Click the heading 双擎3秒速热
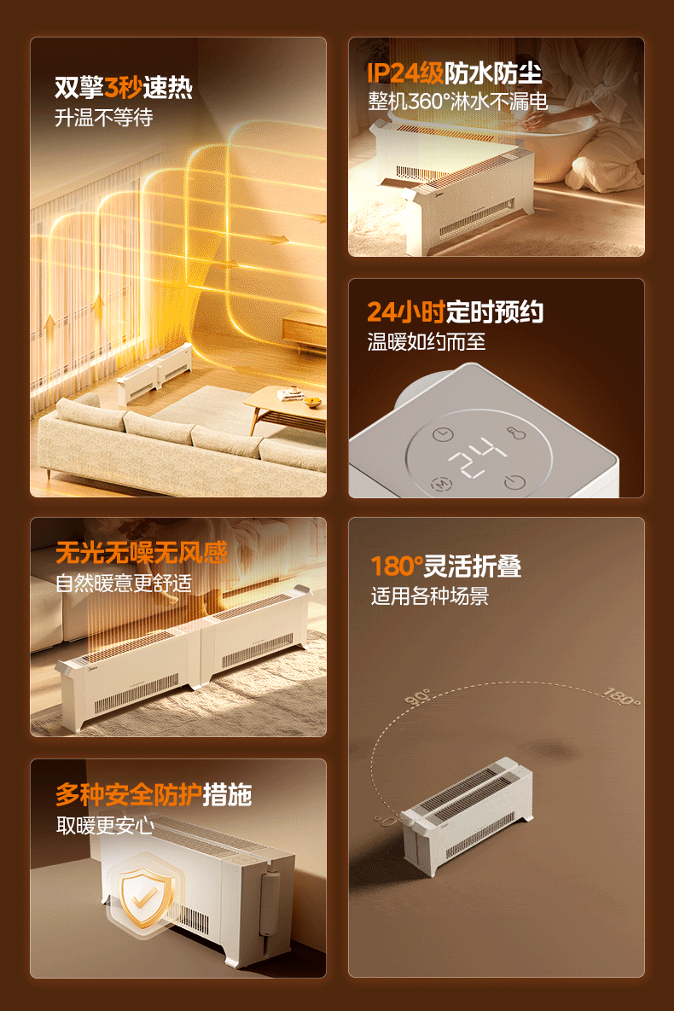(123, 87)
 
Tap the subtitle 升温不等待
(104, 118)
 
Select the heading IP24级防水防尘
(454, 73)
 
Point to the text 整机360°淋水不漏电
(457, 102)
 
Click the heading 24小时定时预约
(455, 312)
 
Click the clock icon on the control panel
(443, 434)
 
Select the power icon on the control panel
(514, 482)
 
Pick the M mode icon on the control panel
(440, 483)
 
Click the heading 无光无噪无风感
(142, 553)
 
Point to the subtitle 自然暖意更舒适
(123, 583)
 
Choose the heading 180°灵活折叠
(445, 567)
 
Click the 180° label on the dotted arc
(621, 696)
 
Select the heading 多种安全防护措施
(154, 794)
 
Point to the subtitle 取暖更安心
(104, 825)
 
